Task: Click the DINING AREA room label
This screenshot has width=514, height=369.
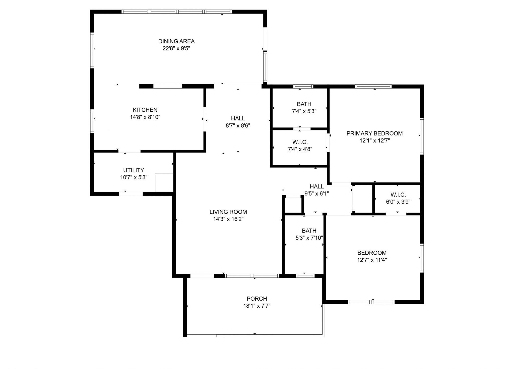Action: pyautogui.click(x=176, y=41)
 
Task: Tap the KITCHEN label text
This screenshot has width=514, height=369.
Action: pyautogui.click(x=145, y=110)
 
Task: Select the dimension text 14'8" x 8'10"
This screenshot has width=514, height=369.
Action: pyautogui.click(x=145, y=117)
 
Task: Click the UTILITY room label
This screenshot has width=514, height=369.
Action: pyautogui.click(x=134, y=170)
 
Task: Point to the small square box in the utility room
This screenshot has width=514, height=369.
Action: pyautogui.click(x=164, y=183)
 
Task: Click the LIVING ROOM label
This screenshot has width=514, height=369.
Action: pyautogui.click(x=228, y=212)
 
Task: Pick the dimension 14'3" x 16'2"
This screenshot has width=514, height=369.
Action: pyautogui.click(x=228, y=219)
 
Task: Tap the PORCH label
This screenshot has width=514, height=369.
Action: pyautogui.click(x=257, y=299)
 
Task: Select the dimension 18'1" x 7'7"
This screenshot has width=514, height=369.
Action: pyautogui.click(x=257, y=306)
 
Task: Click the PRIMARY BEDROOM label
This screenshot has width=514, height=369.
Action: pyautogui.click(x=374, y=133)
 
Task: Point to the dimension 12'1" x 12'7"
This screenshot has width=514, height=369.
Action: pyautogui.click(x=374, y=141)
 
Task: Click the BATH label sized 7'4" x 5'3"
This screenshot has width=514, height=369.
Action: pyautogui.click(x=304, y=104)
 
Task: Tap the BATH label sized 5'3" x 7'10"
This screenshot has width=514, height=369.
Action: pyautogui.click(x=309, y=231)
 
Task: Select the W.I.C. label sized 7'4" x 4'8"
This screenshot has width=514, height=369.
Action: pyautogui.click(x=300, y=142)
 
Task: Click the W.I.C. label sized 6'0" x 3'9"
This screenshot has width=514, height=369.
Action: pyautogui.click(x=398, y=195)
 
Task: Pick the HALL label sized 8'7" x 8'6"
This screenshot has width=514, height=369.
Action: pyautogui.click(x=238, y=118)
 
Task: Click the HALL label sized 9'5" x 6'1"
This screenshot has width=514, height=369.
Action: pyautogui.click(x=317, y=187)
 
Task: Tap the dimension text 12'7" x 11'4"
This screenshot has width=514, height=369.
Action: pyautogui.click(x=372, y=260)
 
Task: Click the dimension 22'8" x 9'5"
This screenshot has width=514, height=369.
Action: pyautogui.click(x=176, y=49)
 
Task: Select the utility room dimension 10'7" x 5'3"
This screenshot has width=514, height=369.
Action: pyautogui.click(x=134, y=177)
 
